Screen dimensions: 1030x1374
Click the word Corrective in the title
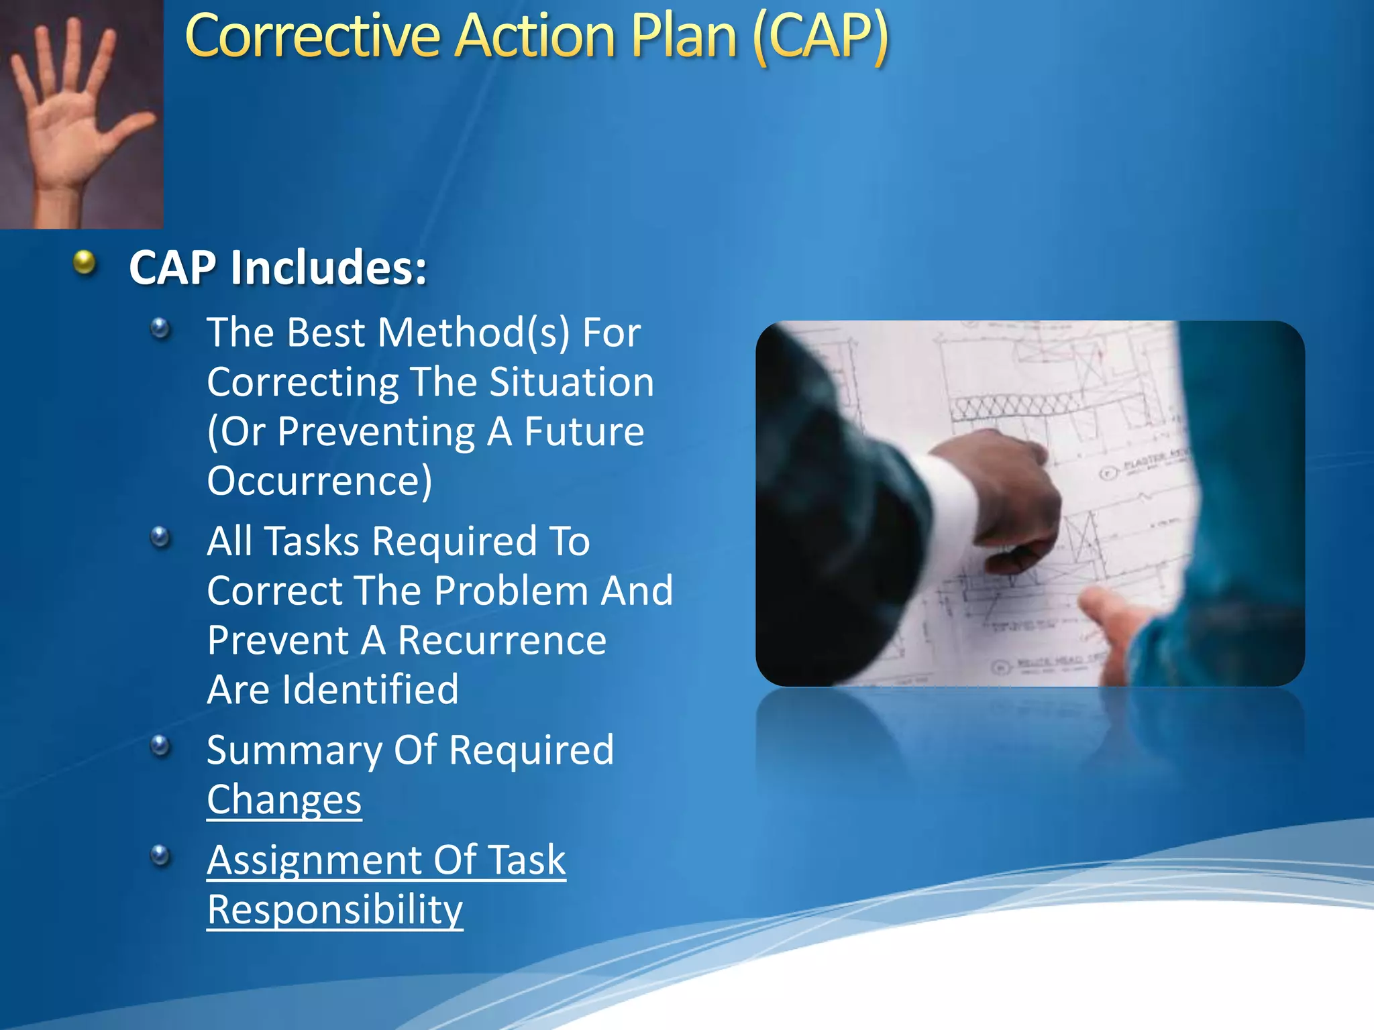(x=312, y=37)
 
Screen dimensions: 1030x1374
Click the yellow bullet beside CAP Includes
(x=85, y=262)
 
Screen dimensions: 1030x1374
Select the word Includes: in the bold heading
(x=328, y=268)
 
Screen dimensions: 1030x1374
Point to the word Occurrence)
(x=319, y=481)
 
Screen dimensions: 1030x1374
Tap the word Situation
(x=571, y=382)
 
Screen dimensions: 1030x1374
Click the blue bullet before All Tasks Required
(x=160, y=537)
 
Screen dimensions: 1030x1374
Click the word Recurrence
(x=502, y=640)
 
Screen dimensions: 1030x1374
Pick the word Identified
(x=370, y=690)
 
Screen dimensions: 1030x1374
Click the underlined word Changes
(x=284, y=799)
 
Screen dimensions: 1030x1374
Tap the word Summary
(x=293, y=750)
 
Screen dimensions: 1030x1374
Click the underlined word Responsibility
(x=335, y=910)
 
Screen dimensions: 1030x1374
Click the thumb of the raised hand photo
(x=131, y=127)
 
